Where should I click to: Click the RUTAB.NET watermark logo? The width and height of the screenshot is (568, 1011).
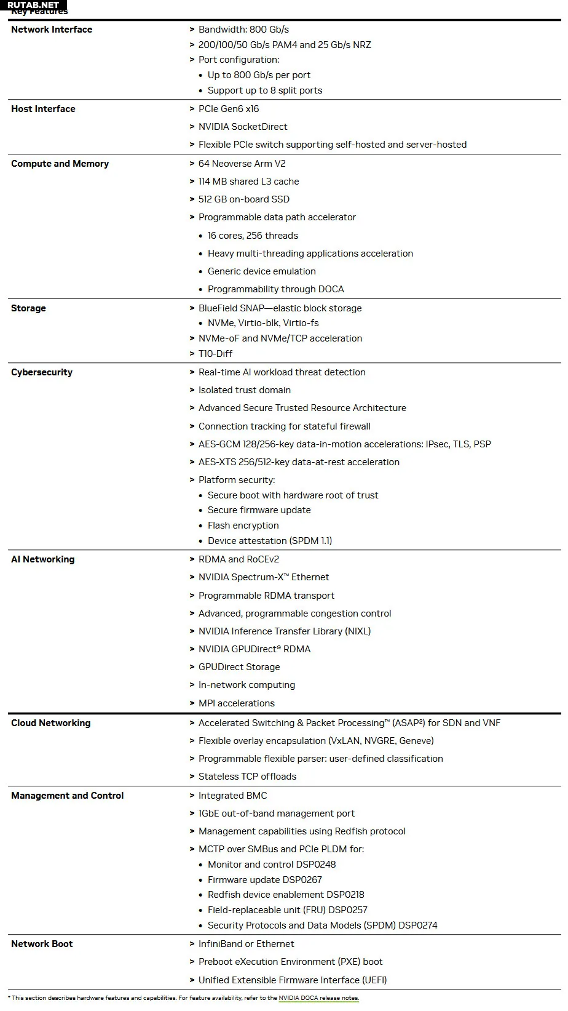(x=33, y=5)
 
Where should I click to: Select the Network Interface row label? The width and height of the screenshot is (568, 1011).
(x=52, y=30)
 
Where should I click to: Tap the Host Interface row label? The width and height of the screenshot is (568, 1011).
(x=43, y=109)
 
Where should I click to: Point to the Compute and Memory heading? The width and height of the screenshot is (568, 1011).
(x=60, y=164)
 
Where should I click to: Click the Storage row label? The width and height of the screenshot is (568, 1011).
(x=28, y=308)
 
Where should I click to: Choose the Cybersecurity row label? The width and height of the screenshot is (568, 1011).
(x=42, y=372)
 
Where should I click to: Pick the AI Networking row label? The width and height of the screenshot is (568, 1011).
(x=42, y=559)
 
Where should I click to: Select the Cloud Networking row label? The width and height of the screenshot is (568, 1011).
(x=50, y=723)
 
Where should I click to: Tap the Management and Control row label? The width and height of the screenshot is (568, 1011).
(x=67, y=796)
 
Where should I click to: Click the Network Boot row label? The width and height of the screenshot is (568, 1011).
(x=42, y=944)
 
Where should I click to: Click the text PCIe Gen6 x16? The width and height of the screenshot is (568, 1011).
(x=229, y=109)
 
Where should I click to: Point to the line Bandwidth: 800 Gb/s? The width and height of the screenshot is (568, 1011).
(x=243, y=30)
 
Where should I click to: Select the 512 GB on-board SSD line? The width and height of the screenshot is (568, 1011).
(x=244, y=199)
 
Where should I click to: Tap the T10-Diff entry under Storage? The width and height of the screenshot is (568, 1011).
(x=215, y=354)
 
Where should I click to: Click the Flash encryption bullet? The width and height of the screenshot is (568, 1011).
(x=243, y=525)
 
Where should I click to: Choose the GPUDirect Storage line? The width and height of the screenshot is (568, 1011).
(x=239, y=667)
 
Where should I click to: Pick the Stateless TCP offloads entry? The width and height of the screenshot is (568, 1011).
(x=247, y=777)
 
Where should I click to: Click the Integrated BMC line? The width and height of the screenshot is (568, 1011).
(x=232, y=796)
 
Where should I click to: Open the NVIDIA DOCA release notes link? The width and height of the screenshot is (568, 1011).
(x=318, y=998)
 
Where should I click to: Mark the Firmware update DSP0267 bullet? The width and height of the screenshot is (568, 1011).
(x=264, y=880)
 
